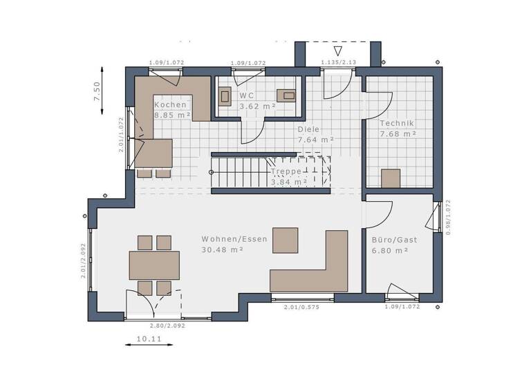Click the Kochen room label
[x=170, y=105]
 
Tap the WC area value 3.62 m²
[x=257, y=106]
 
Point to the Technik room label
[x=398, y=123]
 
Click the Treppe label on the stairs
[x=286, y=171]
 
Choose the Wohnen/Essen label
[x=225, y=239]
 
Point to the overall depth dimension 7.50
[x=97, y=92]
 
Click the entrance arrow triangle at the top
[x=337, y=50]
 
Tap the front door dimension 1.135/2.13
[x=338, y=63]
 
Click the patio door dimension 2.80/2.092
[x=168, y=325]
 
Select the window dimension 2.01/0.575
[x=301, y=308]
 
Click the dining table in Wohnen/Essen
[x=154, y=265]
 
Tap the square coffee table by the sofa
[x=285, y=240]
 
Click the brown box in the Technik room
[x=391, y=178]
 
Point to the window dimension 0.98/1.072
[x=448, y=218]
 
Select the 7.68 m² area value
[x=398, y=133]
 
